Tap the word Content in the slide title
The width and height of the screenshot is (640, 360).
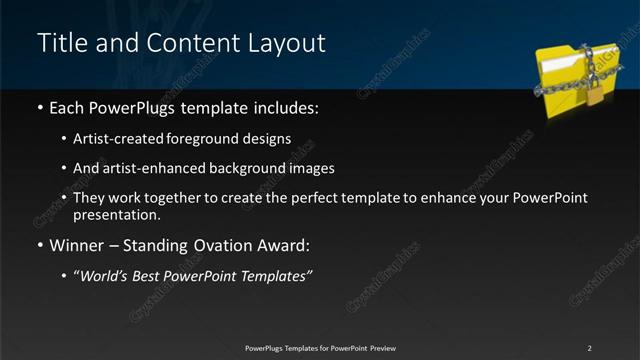[x=189, y=43]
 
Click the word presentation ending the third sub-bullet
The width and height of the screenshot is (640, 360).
[x=115, y=214]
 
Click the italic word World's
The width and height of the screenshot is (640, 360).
[x=105, y=275]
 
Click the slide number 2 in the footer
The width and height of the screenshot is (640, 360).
[x=590, y=348]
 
